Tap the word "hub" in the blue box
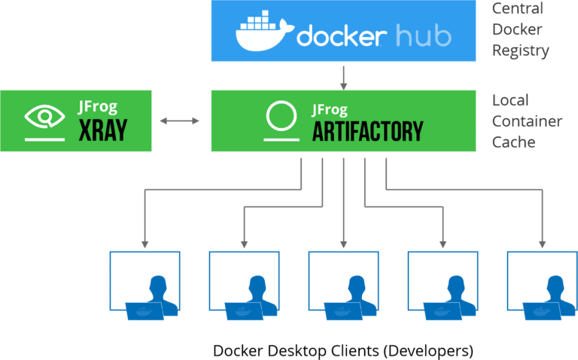(424, 35)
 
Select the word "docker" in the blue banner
(342, 35)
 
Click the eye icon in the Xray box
(44, 117)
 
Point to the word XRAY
(103, 130)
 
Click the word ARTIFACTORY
(367, 131)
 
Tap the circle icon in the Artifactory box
(281, 116)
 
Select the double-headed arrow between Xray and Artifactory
(180, 121)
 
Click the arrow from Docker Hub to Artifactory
(343, 78)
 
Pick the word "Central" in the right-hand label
(518, 8)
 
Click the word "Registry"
(521, 51)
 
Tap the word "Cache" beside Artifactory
(513, 142)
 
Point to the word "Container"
(527, 121)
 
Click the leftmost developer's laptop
(144, 311)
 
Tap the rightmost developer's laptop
(542, 311)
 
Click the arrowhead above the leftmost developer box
(144, 245)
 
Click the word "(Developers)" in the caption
(428, 351)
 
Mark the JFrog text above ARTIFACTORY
(330, 110)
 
